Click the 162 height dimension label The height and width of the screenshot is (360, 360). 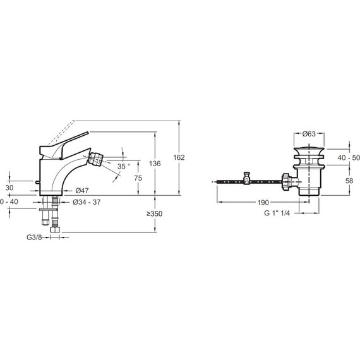[179, 157]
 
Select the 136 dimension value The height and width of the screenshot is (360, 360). [155, 164]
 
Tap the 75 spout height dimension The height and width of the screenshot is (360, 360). [138, 178]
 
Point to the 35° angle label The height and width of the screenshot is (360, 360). [124, 166]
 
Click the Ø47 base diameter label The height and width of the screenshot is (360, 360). [82, 191]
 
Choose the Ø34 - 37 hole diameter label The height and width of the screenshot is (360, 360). [87, 202]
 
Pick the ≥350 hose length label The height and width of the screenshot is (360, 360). [155, 213]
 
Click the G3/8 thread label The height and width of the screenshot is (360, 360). [34, 237]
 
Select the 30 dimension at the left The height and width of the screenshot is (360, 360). [9, 188]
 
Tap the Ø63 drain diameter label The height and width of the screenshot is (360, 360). [309, 134]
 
